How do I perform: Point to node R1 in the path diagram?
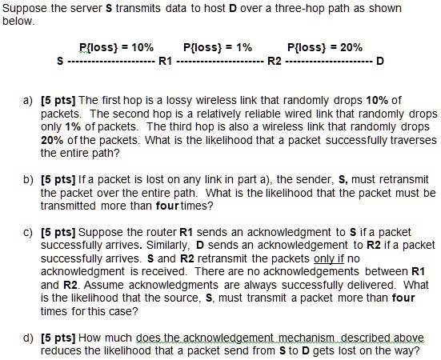coord(166,61)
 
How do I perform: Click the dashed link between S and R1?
coord(111,61)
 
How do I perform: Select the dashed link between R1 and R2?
coord(218,61)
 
